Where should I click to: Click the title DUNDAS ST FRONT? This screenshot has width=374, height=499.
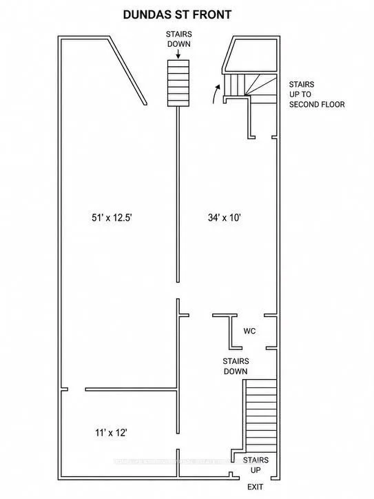pos(177,14)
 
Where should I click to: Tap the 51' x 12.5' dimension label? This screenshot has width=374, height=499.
pos(112,218)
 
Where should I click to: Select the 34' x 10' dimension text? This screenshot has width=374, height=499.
pos(225,218)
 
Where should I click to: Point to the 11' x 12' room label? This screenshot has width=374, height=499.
pos(112,433)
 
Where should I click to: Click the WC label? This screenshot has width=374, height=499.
pos(249,331)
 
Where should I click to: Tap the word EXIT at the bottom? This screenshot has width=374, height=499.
pos(256,487)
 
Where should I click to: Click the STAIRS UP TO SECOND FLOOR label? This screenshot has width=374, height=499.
pos(317,94)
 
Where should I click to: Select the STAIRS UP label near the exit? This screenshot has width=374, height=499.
pos(256,465)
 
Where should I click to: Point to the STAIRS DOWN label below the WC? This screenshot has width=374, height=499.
pos(236,366)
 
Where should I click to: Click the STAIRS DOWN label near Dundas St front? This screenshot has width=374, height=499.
pos(178,39)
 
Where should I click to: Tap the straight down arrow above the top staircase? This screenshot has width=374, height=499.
pos(178,54)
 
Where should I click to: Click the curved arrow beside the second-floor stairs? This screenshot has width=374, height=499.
pos(216,94)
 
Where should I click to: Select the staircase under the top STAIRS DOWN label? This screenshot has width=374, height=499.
pos(178,83)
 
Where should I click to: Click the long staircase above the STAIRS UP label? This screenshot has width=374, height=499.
pos(262,416)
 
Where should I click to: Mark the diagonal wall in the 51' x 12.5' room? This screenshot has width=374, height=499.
pos(128,71)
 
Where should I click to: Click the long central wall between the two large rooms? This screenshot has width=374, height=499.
pos(178,194)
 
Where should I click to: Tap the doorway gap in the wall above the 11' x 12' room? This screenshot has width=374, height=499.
pos(76,389)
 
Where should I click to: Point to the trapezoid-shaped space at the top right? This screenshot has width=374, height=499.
pos(251,54)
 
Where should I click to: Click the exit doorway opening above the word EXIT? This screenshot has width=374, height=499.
pos(255,478)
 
